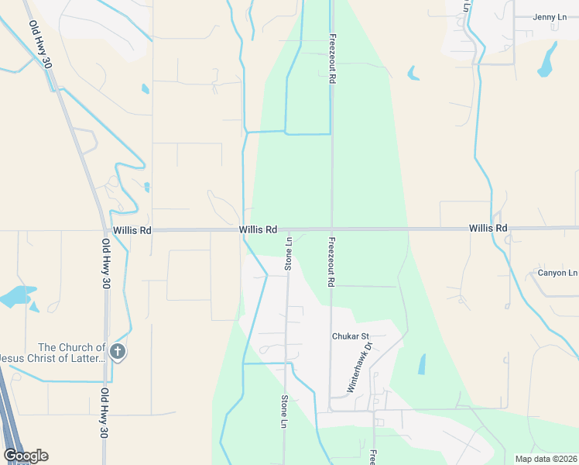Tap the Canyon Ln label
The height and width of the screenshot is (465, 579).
[x=557, y=273]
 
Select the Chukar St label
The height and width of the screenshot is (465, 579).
[x=349, y=336]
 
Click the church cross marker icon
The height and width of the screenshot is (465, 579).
[x=117, y=353]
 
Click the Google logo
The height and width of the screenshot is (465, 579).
[x=25, y=456]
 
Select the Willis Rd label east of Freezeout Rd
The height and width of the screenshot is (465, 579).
[x=488, y=229]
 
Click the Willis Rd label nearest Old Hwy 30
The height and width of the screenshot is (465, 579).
[x=132, y=230]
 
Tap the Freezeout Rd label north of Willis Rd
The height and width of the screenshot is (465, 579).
[x=331, y=58]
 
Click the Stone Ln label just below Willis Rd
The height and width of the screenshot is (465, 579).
[x=288, y=253]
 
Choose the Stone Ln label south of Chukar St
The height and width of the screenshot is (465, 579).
[x=283, y=411]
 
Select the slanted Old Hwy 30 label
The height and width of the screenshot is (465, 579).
[x=40, y=44]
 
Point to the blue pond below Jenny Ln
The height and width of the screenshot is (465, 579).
[x=548, y=60]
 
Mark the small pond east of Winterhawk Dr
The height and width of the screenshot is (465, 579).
[x=421, y=364]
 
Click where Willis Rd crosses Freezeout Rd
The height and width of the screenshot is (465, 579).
[x=331, y=229]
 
